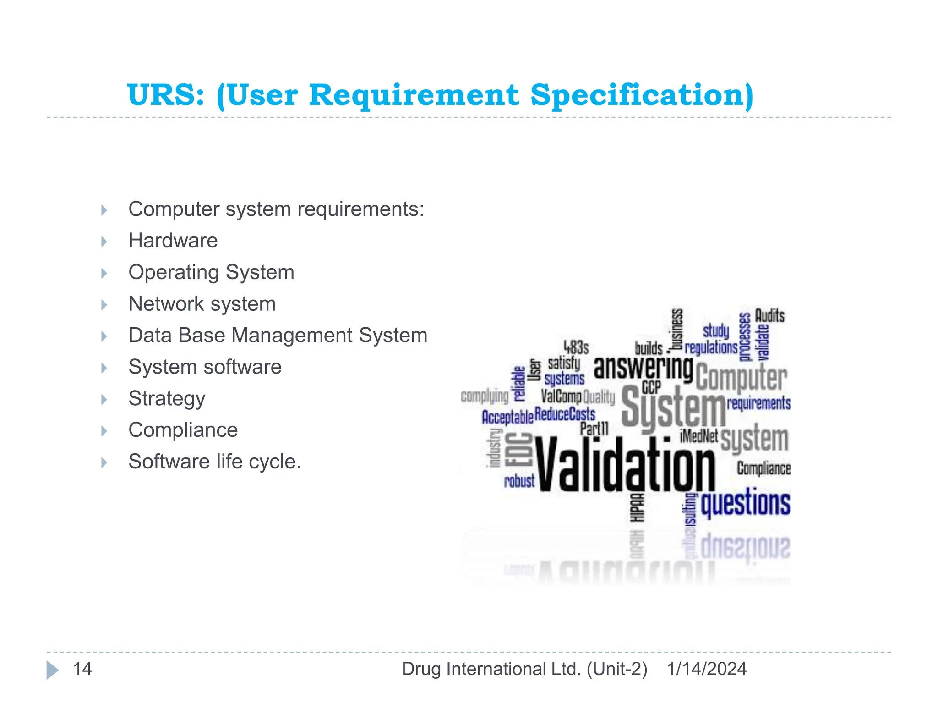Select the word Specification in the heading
642,95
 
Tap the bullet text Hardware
173,241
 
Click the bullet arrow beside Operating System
104,273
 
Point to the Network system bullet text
202,304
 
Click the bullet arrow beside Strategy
104,400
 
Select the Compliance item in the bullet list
183,430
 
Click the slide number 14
82,669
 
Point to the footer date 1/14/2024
706,669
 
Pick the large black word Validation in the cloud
625,464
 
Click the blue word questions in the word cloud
745,503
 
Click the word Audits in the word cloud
769,315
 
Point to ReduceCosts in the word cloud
565,414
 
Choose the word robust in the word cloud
519,481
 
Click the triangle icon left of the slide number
52,670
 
